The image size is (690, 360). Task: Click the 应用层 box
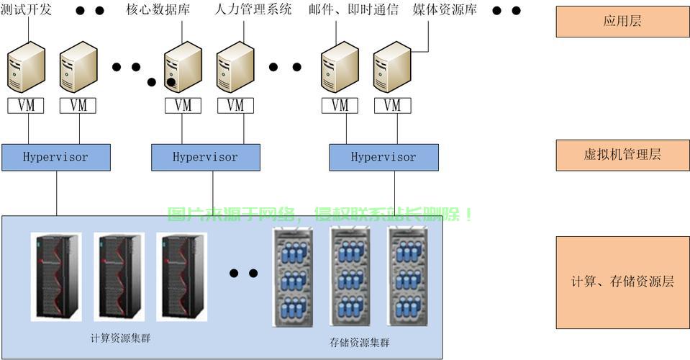(x=622, y=21)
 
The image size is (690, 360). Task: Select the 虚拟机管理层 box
(x=622, y=155)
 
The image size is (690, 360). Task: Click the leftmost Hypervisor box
(x=56, y=157)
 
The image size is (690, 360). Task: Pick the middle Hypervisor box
(x=205, y=157)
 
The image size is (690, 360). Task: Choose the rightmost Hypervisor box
(x=383, y=157)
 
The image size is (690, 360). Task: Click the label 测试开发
(x=27, y=10)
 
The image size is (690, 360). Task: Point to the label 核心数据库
(x=157, y=10)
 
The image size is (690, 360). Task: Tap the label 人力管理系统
(x=253, y=10)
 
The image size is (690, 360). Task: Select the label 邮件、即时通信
(x=353, y=10)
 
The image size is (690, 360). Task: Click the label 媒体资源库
(x=445, y=10)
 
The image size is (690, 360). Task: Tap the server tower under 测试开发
(x=27, y=67)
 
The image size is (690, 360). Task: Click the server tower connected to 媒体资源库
(x=391, y=67)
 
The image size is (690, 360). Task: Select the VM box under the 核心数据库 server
(x=183, y=105)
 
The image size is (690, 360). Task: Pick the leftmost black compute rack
(x=55, y=276)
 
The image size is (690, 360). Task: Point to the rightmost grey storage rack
(x=408, y=276)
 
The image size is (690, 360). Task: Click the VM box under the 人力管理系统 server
(x=235, y=105)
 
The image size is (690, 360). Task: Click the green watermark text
(x=320, y=215)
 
